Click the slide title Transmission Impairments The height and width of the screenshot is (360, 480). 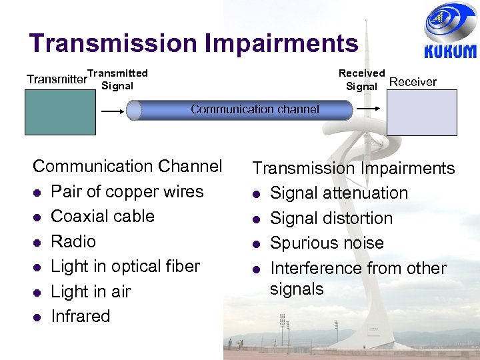(194, 43)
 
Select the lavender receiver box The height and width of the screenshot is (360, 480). (422, 113)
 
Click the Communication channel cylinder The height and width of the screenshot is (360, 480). (240, 110)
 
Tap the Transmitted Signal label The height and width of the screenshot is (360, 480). (117, 79)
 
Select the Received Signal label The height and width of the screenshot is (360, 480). (361, 79)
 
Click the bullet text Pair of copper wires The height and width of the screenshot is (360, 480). (127, 191)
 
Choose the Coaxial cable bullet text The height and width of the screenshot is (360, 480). (103, 216)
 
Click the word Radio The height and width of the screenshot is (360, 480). (73, 241)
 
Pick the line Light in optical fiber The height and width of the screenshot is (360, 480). (125, 266)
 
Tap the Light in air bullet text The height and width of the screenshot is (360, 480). (91, 291)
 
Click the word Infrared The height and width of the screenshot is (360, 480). (81, 316)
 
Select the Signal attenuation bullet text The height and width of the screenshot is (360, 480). (339, 193)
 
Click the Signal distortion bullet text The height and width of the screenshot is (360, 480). (331, 218)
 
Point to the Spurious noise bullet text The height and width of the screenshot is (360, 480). (327, 243)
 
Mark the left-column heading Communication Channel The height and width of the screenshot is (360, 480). (127, 166)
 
